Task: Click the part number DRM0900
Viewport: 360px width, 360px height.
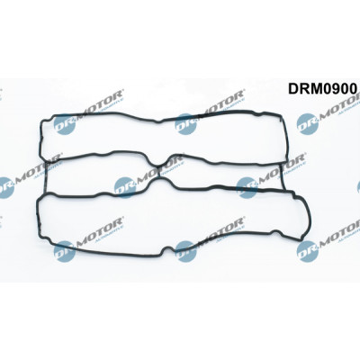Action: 323,89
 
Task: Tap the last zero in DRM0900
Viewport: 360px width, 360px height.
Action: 352,89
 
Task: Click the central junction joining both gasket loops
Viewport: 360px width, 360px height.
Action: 158,172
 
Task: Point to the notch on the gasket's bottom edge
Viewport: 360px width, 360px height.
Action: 166,251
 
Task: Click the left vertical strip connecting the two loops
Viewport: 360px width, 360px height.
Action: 45,177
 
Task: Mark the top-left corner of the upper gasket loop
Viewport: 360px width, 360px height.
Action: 42,120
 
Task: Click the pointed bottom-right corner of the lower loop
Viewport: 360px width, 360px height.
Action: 301,239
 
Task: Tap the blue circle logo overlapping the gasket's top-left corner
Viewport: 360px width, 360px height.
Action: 64,124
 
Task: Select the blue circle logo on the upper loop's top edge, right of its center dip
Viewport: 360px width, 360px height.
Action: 185,124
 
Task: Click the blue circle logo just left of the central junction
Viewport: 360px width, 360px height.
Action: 125,187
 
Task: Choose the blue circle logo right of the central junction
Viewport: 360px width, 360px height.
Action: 247,187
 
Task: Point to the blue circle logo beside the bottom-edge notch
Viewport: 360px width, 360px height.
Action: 185,250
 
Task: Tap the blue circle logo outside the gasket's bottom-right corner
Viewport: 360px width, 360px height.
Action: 307,251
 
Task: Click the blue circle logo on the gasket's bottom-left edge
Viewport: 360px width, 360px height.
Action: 64,251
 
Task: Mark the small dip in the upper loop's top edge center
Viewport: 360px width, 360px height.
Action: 158,121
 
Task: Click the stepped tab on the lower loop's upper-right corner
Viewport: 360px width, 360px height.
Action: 295,195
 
